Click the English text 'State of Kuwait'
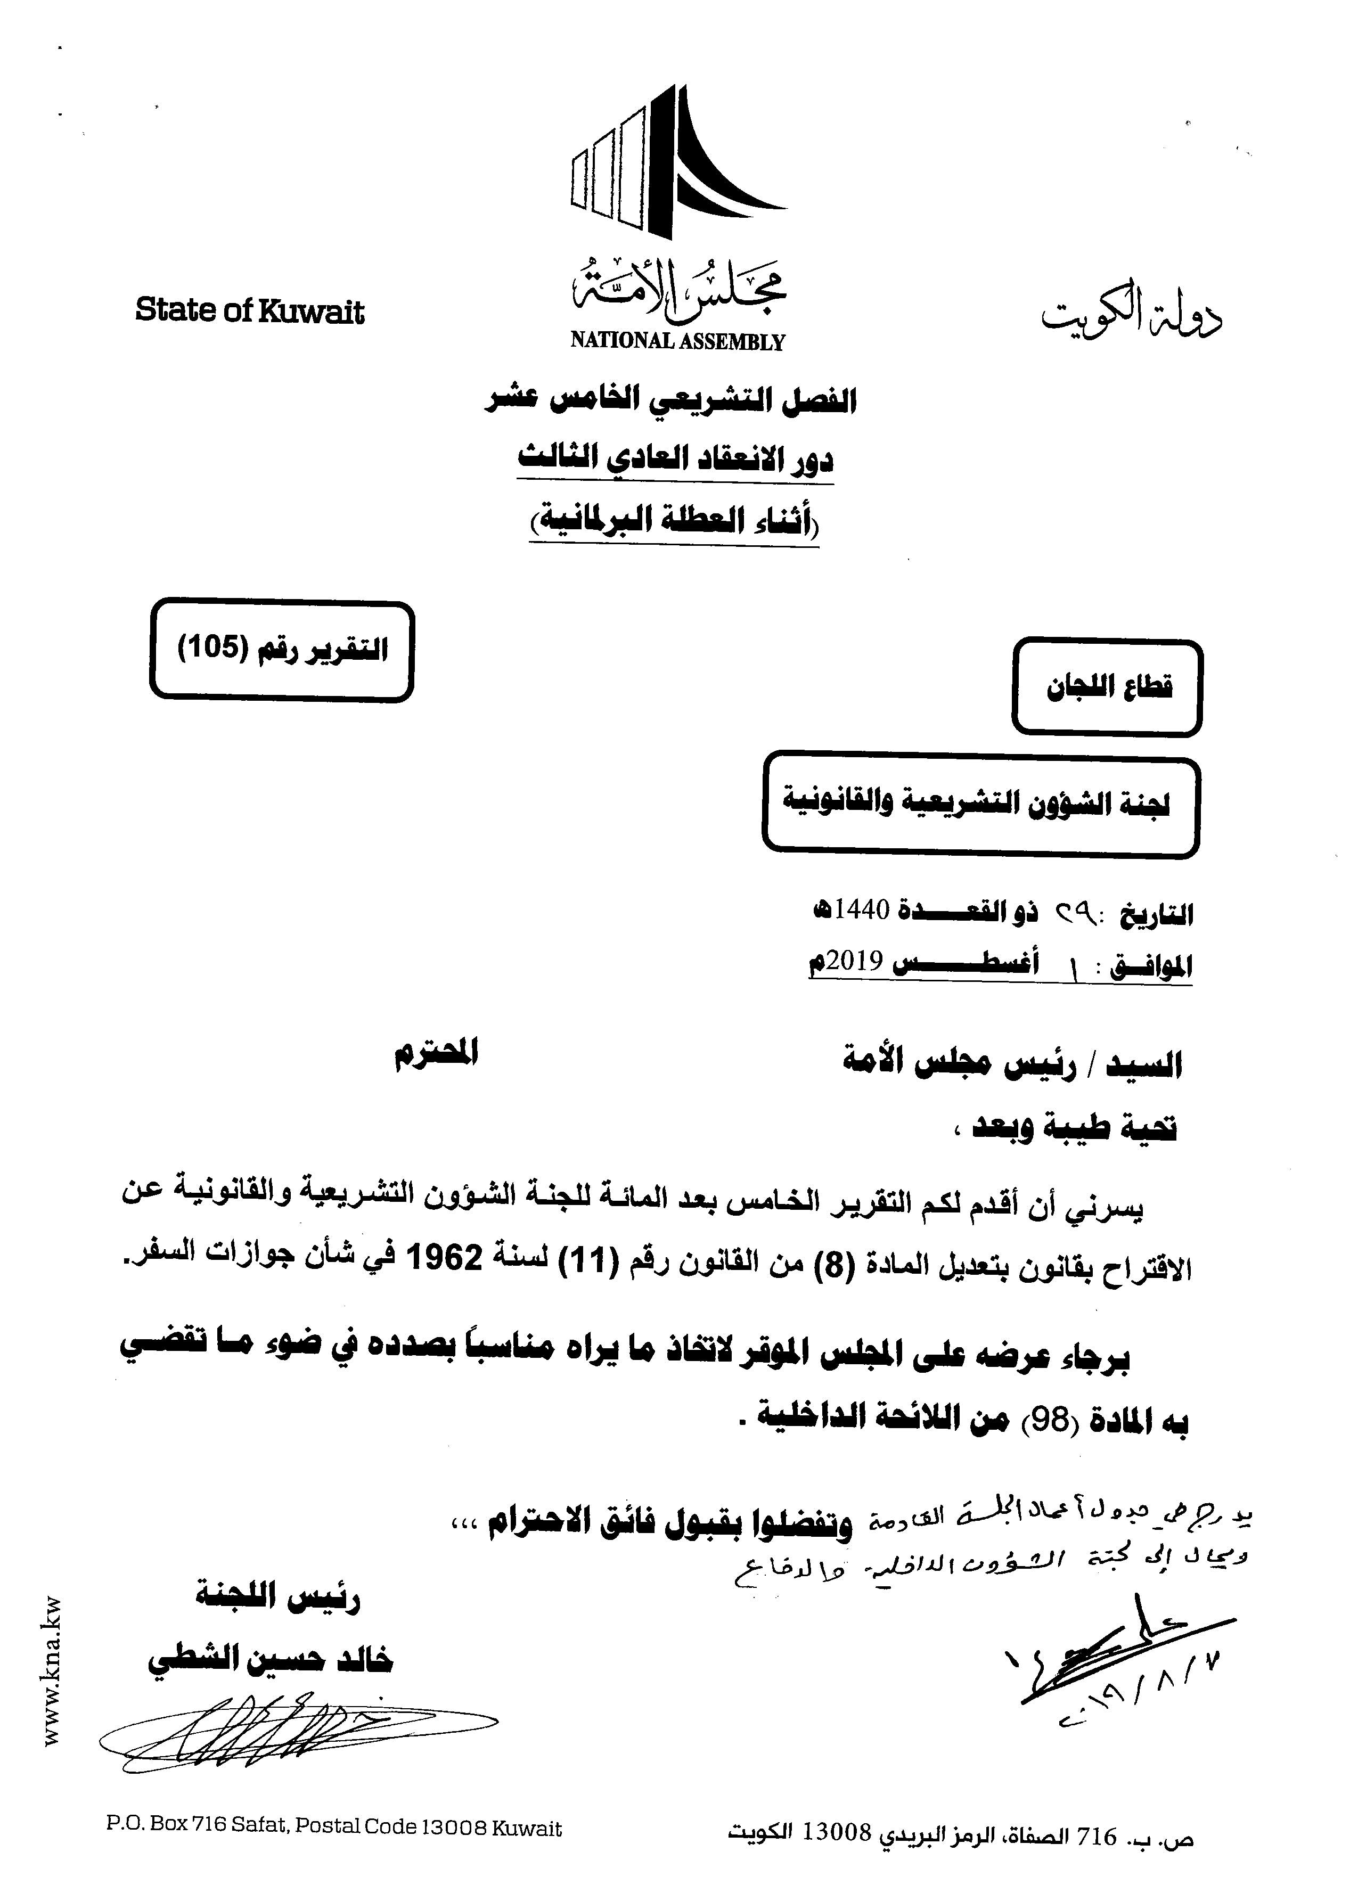(x=250, y=312)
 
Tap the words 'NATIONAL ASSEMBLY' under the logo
(x=677, y=341)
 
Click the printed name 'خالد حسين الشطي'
(x=269, y=1660)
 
